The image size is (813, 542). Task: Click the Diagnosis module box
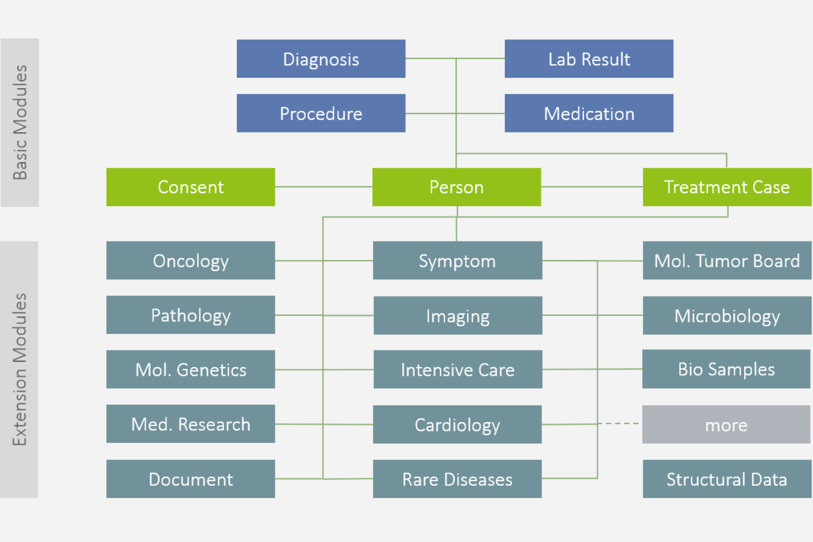321,59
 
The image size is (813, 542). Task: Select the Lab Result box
589,59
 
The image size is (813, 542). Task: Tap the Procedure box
321,113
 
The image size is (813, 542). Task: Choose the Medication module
589,113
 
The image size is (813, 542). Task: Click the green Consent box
191,187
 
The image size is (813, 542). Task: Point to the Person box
456,187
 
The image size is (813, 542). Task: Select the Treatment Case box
727,187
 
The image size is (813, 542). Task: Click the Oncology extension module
191,260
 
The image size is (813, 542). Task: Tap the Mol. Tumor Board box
727,260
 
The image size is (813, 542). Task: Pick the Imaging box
458,315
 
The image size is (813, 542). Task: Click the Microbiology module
727,315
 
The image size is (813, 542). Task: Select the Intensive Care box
458,369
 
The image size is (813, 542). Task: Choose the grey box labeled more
726,424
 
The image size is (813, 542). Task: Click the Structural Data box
727,479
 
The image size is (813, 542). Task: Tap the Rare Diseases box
457,479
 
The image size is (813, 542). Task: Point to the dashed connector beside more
619,423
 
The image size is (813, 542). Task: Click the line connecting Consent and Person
323,187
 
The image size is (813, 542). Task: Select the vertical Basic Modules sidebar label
20,122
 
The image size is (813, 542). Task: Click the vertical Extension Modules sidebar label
19,369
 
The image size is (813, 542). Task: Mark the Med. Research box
191,424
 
